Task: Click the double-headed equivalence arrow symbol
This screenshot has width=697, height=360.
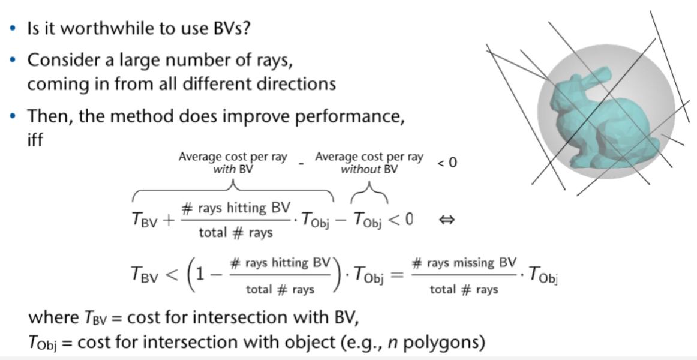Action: pos(447,220)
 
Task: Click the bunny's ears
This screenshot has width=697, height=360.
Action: pos(590,78)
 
